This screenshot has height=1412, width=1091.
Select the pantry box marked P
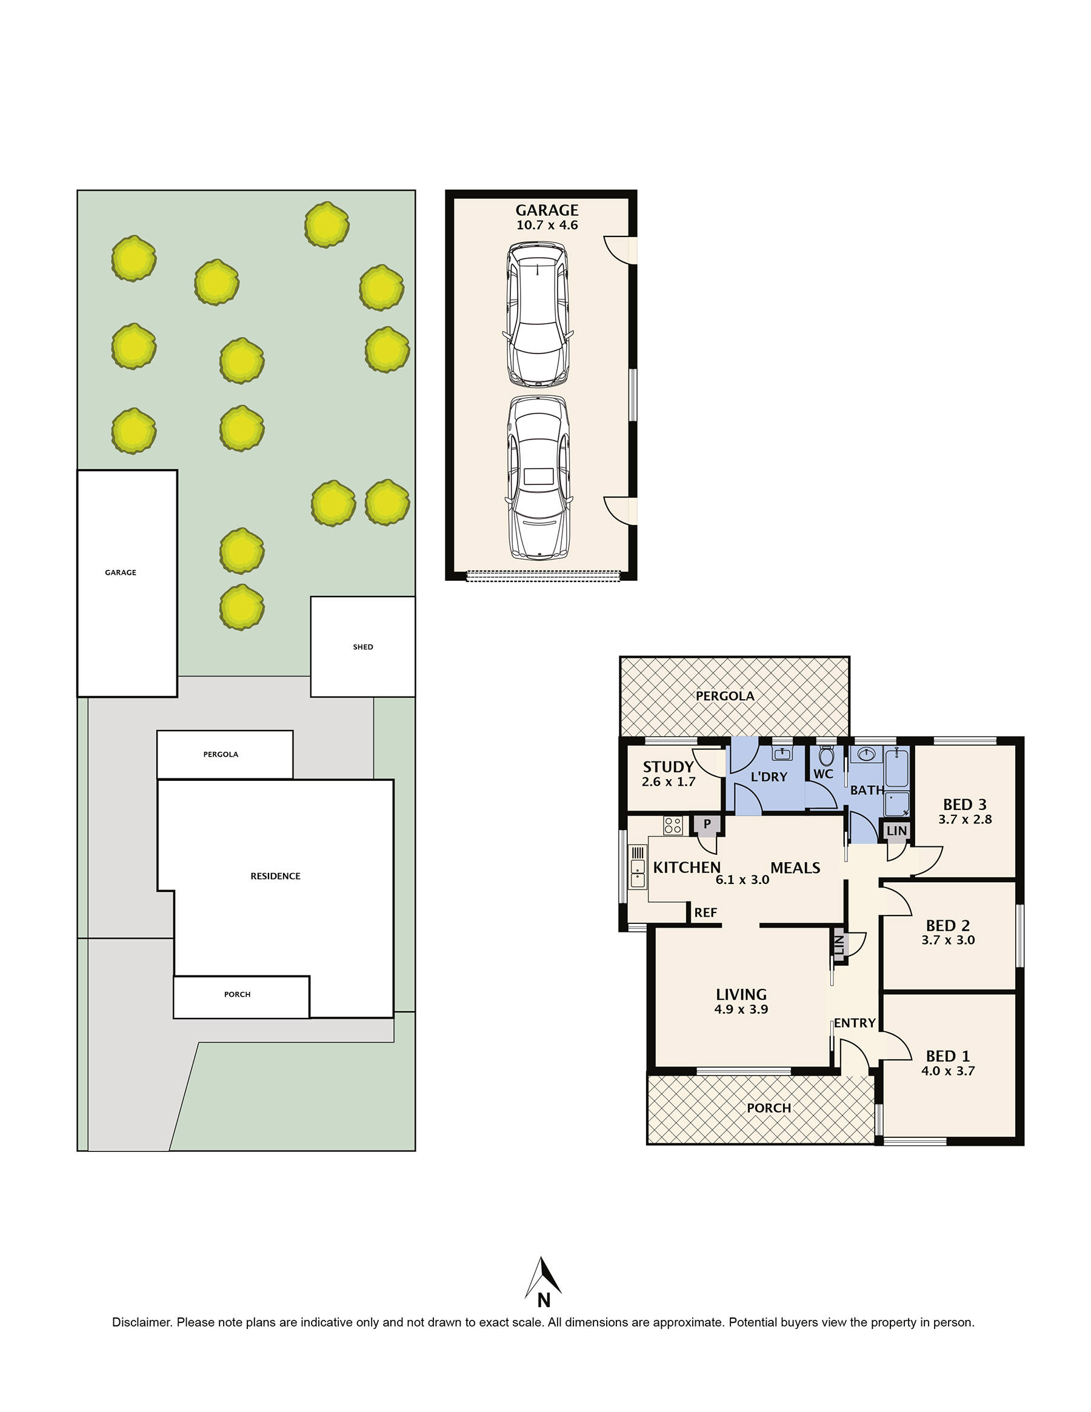(x=707, y=825)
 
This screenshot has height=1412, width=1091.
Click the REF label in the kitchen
(x=705, y=913)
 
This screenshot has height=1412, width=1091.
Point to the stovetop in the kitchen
(x=672, y=826)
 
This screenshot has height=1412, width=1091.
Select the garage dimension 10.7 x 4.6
(x=547, y=225)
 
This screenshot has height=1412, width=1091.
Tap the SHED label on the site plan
(x=362, y=646)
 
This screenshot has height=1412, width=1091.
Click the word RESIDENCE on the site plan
(x=275, y=876)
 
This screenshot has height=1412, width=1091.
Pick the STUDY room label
(x=668, y=767)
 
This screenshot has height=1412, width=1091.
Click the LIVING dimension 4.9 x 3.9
(x=741, y=1009)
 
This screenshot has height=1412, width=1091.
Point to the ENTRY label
(x=854, y=1023)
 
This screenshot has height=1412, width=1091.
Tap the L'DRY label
(x=769, y=777)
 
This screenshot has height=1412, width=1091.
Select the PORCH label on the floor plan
(x=769, y=1108)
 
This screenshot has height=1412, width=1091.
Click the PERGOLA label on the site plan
(x=221, y=754)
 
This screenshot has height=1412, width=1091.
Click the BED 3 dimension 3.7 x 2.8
(x=964, y=819)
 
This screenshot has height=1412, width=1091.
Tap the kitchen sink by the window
(x=638, y=873)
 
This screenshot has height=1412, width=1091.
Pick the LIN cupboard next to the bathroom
(x=896, y=831)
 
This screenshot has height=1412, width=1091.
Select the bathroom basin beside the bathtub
(x=866, y=754)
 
